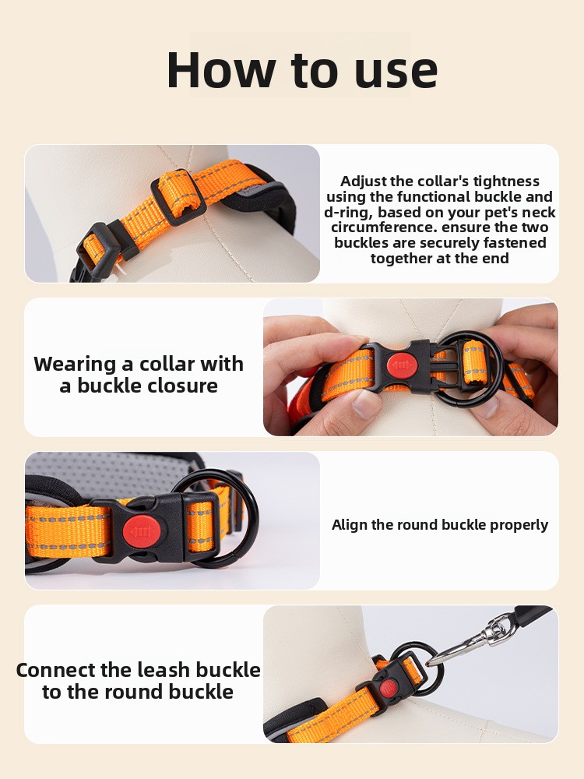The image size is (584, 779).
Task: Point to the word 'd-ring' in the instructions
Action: tap(347, 212)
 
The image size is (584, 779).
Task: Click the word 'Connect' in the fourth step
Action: tap(55, 670)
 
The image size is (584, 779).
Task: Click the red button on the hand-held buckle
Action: tap(402, 366)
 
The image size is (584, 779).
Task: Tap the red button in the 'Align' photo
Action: tap(142, 532)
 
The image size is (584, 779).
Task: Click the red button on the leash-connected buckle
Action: tap(389, 689)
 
